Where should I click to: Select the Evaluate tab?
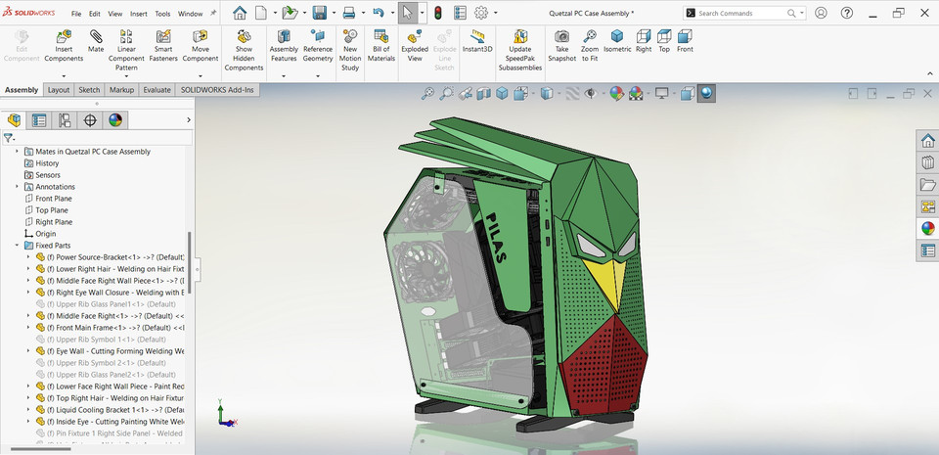click(156, 90)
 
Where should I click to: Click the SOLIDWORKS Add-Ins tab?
click(217, 90)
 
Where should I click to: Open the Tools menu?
click(162, 15)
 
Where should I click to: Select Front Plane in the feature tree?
click(54, 199)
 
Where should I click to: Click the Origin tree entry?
click(46, 234)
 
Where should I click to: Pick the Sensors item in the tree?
click(48, 175)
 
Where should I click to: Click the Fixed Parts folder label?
click(53, 246)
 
